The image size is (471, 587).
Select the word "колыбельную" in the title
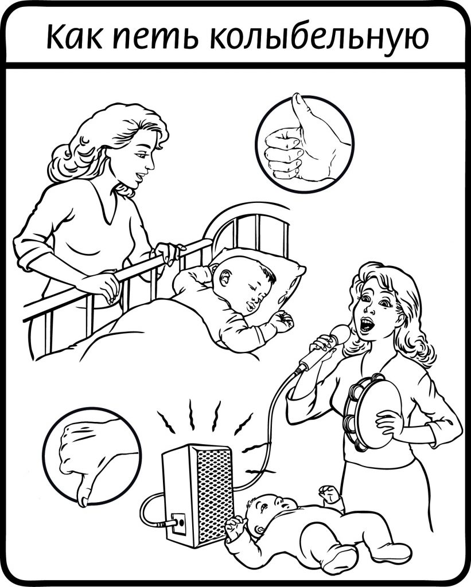[319, 37]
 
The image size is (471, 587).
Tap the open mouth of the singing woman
[366, 323]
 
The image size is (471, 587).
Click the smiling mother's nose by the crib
[150, 163]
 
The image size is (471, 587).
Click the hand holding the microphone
[325, 344]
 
